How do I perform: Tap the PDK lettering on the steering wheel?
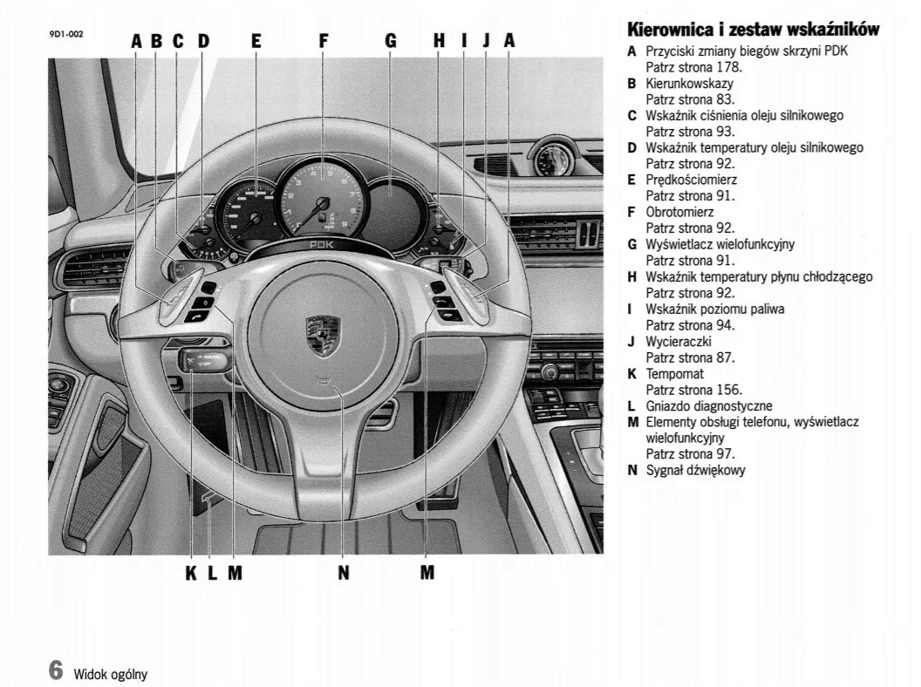click(322, 246)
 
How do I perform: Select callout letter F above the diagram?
click(323, 40)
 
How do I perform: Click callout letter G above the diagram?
click(390, 40)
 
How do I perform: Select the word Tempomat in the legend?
click(674, 373)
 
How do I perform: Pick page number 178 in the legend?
click(728, 66)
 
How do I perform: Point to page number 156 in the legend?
click(728, 390)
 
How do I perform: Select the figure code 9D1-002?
click(65, 34)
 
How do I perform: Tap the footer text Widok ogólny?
click(110, 673)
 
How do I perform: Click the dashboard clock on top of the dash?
click(553, 159)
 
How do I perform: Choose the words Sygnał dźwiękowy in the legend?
click(695, 470)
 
